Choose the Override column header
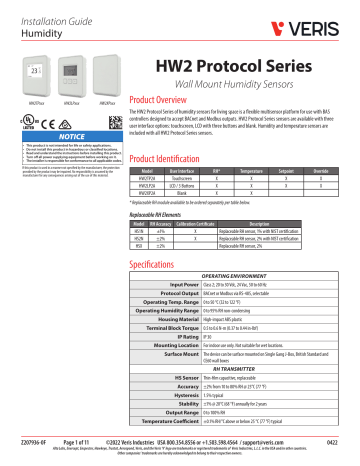(x=335, y=172)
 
